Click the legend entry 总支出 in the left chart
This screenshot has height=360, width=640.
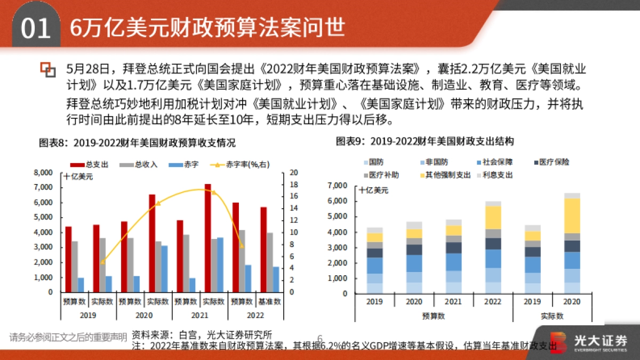(x=94, y=164)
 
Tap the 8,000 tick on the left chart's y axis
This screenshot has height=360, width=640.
(x=43, y=172)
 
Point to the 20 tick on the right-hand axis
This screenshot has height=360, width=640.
(x=293, y=172)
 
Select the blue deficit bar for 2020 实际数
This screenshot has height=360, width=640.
(x=165, y=269)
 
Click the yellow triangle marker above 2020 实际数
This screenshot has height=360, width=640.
(x=157, y=203)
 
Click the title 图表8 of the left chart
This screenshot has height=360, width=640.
(x=137, y=143)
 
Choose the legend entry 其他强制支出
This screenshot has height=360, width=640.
(x=448, y=175)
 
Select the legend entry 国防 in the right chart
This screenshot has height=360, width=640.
(x=375, y=162)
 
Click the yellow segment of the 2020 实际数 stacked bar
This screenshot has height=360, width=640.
(x=572, y=215)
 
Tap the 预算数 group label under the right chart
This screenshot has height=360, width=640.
(x=433, y=316)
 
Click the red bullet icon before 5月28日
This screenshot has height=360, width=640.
(x=48, y=69)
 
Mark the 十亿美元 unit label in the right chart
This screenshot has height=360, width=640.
(x=374, y=190)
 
